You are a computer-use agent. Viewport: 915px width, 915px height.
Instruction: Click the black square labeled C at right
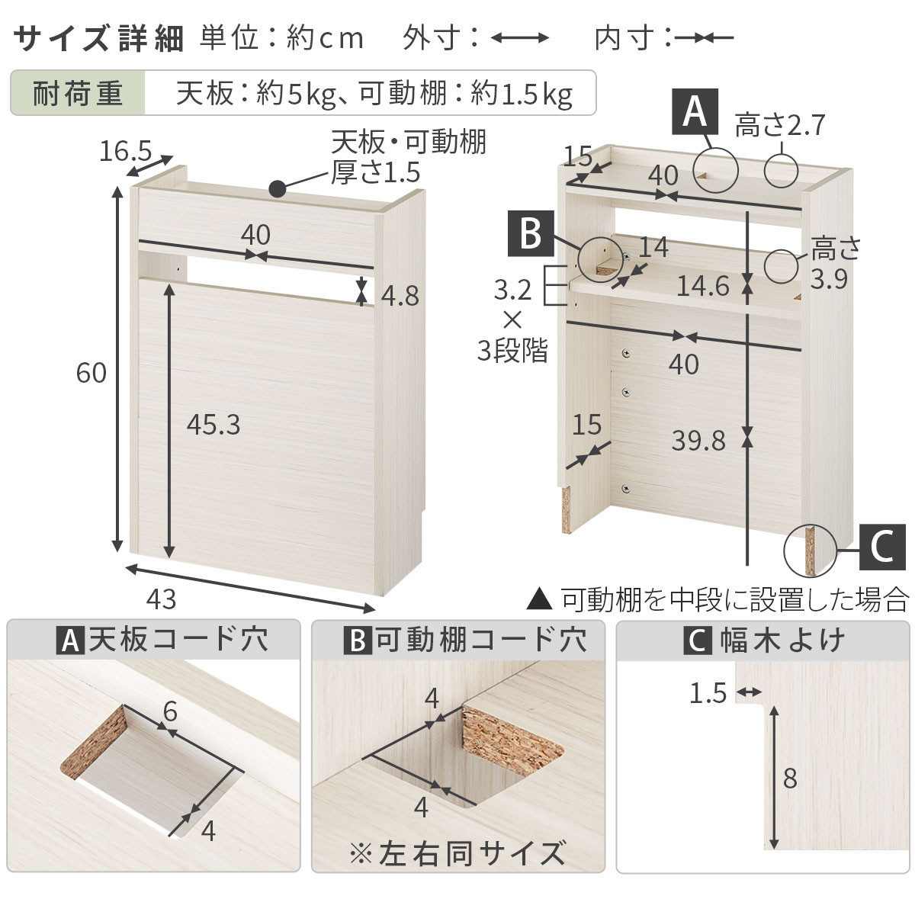pos(882,547)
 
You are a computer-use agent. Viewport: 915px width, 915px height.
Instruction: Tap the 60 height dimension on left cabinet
pos(91,373)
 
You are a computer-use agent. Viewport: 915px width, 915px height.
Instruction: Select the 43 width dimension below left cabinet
pos(160,599)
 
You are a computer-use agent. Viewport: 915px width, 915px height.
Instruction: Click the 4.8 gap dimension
pos(400,296)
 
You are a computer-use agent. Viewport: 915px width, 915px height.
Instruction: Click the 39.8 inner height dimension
pos(698,440)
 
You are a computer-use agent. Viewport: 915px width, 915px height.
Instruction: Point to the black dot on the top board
pos(278,187)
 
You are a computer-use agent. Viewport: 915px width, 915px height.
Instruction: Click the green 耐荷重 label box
pos(78,94)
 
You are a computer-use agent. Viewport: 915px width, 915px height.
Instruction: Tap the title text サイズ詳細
pos(99,38)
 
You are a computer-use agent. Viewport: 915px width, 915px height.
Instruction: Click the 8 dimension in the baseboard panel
pos(790,779)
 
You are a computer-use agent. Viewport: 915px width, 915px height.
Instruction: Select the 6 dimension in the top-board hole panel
pos(170,711)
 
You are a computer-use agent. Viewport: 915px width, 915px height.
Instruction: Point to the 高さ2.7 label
pos(780,124)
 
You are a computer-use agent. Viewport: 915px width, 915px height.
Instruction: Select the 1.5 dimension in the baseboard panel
pos(708,693)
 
